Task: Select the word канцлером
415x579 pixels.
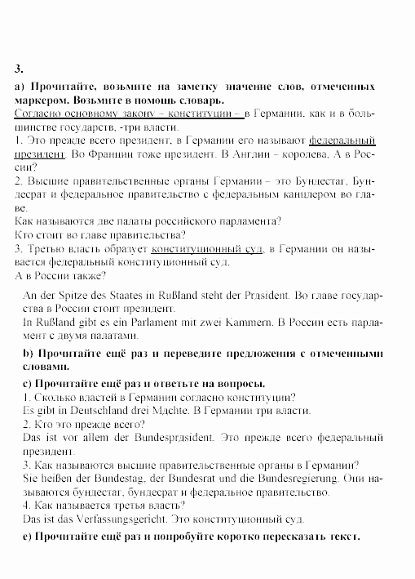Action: coord(311,193)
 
